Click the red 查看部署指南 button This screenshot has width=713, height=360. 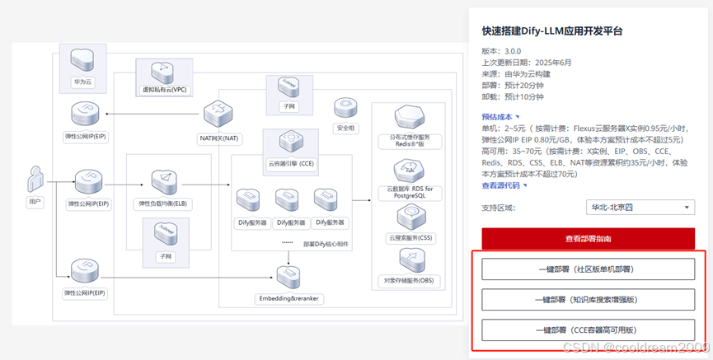pyautogui.click(x=588, y=239)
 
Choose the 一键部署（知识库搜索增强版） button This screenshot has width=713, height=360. pyautogui.click(x=588, y=299)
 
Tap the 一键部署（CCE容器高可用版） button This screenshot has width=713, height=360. pyautogui.click(x=588, y=330)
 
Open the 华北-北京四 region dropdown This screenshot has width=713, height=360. pyautogui.click(x=640, y=208)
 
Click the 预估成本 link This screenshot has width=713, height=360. pyautogui.click(x=500, y=117)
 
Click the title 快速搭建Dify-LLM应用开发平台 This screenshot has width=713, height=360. pyautogui.click(x=551, y=31)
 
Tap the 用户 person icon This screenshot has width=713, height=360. pyautogui.click(x=35, y=180)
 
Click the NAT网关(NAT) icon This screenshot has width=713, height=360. pyautogui.click(x=219, y=115)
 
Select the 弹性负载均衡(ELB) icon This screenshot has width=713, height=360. pyautogui.click(x=162, y=183)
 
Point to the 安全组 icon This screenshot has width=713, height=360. pyautogui.click(x=345, y=108)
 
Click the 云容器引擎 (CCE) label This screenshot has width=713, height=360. pyautogui.click(x=291, y=164)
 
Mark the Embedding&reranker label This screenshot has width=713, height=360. pyautogui.click(x=288, y=298)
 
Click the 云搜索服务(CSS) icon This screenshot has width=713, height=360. pyautogui.click(x=410, y=218)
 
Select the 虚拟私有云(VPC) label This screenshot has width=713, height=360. pyautogui.click(x=166, y=90)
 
